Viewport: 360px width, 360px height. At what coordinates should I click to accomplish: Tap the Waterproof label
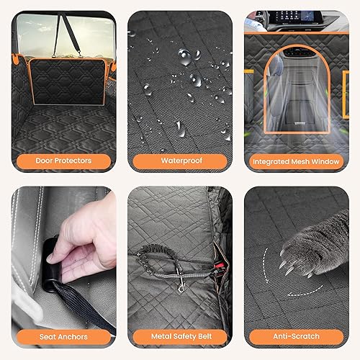[179, 161]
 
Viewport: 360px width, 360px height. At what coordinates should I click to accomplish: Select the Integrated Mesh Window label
[296, 161]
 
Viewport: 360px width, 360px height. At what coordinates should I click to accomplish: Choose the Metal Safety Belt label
[179, 336]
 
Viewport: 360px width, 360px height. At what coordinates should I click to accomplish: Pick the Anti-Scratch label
[296, 336]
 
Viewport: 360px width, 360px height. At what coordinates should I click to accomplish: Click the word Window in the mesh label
[324, 161]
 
